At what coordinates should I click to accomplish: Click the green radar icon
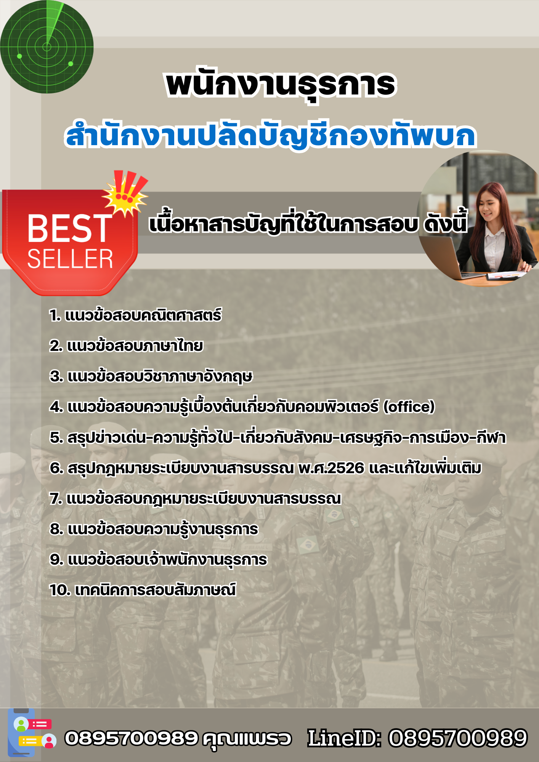click(x=47, y=47)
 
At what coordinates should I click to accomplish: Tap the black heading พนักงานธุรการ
click(x=281, y=85)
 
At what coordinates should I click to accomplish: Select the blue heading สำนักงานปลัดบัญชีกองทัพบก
click(x=271, y=135)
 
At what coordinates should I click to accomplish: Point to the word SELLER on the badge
click(x=70, y=259)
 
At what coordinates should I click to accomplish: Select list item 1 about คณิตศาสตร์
click(x=135, y=315)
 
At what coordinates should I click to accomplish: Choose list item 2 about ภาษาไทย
click(x=126, y=346)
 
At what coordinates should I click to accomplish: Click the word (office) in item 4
click(x=409, y=407)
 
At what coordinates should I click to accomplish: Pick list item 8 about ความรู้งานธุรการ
click(x=154, y=529)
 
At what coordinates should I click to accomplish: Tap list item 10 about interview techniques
click(x=143, y=590)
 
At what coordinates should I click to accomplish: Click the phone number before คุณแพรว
click(x=131, y=738)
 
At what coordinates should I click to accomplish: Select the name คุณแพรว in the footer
click(x=247, y=738)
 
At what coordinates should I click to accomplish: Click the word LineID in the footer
click(x=343, y=738)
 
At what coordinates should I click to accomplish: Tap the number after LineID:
click(x=457, y=738)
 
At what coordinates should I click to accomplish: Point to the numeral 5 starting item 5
click(x=55, y=438)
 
